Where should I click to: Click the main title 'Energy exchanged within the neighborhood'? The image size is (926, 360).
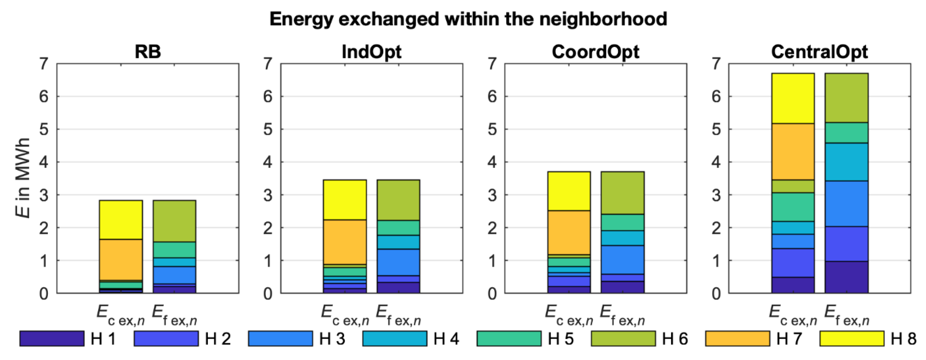468,19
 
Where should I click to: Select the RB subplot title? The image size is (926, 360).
148,52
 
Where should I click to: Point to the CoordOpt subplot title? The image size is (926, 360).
595,52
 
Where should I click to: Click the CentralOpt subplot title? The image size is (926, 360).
819,52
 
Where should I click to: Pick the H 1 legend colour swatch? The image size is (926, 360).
52,339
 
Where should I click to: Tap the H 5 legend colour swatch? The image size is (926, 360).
509,339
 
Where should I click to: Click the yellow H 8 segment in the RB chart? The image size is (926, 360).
121,220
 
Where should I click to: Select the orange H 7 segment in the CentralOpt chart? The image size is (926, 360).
793,152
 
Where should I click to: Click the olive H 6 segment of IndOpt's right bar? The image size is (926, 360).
398,200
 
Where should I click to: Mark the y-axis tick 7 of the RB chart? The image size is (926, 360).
44,64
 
